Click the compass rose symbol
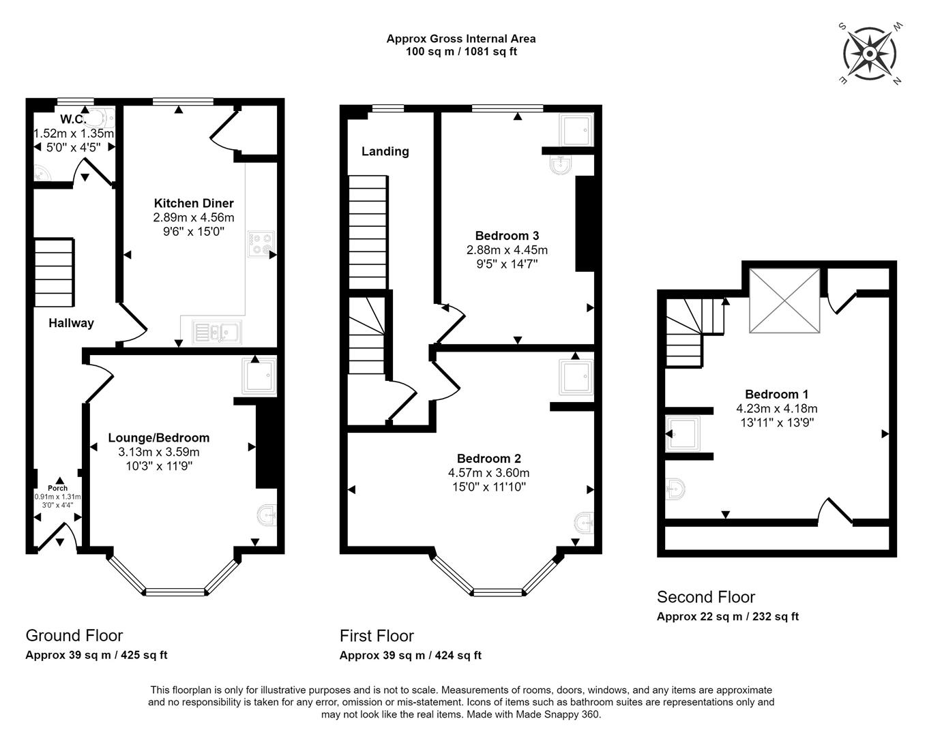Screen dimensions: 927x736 tap(869, 54)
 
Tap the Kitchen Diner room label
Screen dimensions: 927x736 tap(194, 203)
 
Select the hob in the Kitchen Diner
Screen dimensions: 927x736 tap(261, 244)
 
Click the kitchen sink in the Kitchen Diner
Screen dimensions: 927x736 tap(217, 332)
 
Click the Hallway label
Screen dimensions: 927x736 tap(71, 323)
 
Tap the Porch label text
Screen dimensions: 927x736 tap(58, 488)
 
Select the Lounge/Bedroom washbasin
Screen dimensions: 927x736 tap(267, 515)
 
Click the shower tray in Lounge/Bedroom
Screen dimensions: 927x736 tap(259, 377)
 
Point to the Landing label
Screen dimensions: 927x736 tap(385, 151)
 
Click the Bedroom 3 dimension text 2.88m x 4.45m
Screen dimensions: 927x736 tap(507, 250)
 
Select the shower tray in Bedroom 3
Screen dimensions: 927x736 tap(576, 130)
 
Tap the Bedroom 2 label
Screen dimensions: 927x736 tap(489, 459)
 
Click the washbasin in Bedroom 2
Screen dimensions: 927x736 tap(584, 523)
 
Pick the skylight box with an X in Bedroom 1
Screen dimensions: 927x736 tap(784, 301)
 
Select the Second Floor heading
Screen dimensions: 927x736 tap(706, 597)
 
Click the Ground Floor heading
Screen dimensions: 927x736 tap(74, 635)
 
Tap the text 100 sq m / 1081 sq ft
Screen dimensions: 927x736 tap(461, 52)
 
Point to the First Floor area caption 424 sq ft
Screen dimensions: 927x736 tap(458, 656)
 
